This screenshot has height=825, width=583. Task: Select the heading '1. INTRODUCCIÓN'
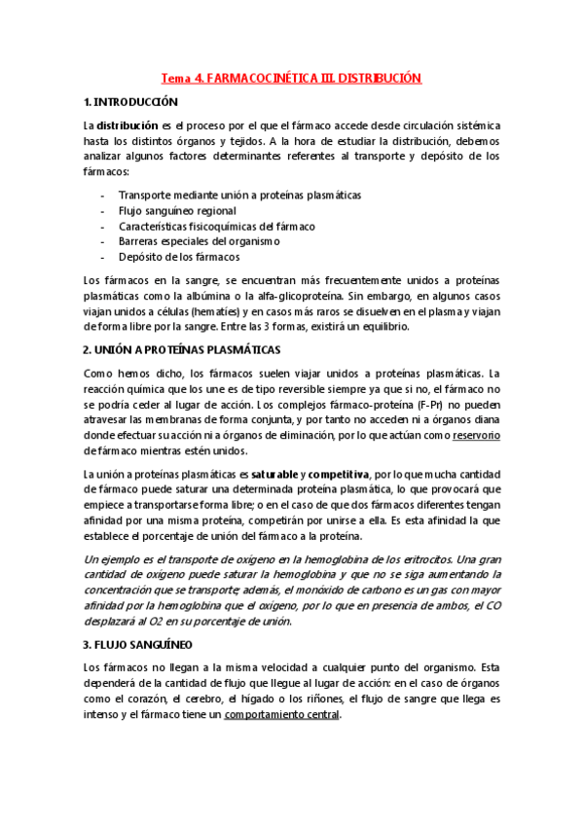point(131,102)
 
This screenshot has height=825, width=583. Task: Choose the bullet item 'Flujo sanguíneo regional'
point(177,210)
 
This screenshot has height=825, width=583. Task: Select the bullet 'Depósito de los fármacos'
point(178,257)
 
